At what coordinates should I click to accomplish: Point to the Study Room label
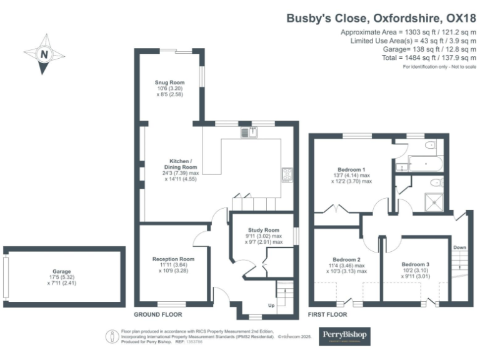tap(262, 231)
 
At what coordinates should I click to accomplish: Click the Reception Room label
tap(174, 259)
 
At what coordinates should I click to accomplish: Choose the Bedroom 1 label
tap(351, 169)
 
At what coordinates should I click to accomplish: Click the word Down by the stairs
tap(460, 247)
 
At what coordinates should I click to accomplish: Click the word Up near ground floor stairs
tap(271, 306)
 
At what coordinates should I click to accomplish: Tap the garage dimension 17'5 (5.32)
tap(61, 278)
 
